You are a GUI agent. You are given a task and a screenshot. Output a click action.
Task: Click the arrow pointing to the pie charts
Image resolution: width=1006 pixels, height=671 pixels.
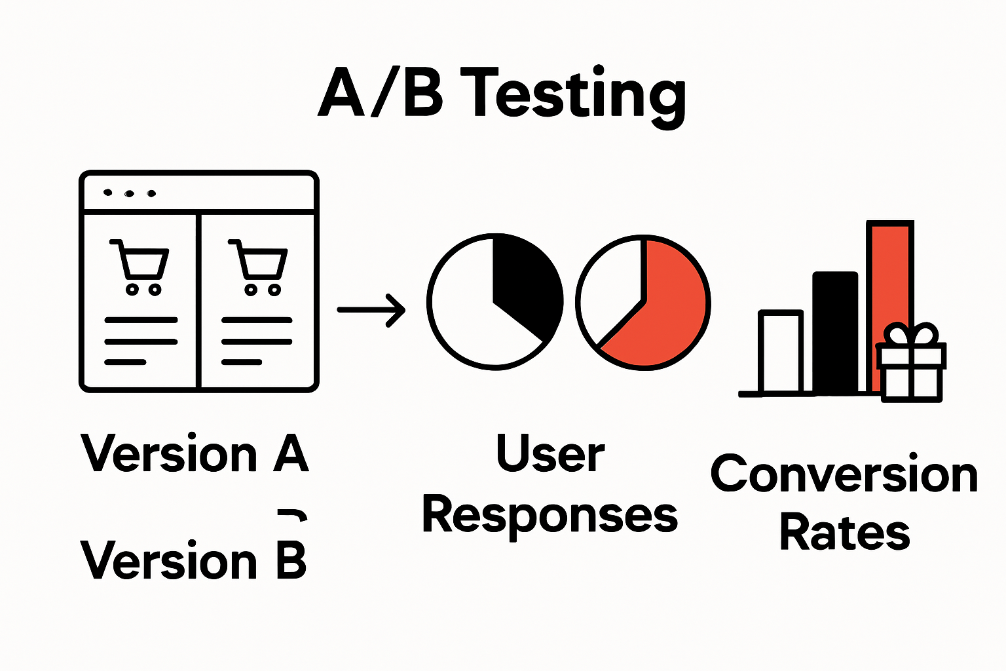(x=371, y=309)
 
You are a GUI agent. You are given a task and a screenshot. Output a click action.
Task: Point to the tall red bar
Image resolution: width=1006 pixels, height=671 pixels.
(x=889, y=275)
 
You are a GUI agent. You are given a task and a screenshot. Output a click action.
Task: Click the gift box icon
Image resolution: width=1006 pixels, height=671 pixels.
(x=911, y=371)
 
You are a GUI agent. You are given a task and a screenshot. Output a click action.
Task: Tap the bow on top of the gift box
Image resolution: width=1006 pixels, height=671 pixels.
(x=911, y=334)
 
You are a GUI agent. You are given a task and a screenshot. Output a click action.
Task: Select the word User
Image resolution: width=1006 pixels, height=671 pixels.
(x=550, y=453)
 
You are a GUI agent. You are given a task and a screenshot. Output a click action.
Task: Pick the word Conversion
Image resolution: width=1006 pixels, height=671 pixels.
(x=844, y=474)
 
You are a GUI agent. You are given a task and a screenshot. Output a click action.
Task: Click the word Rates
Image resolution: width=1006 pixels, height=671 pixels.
(x=844, y=532)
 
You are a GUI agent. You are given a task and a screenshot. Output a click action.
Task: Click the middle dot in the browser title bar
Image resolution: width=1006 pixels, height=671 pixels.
(x=130, y=193)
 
